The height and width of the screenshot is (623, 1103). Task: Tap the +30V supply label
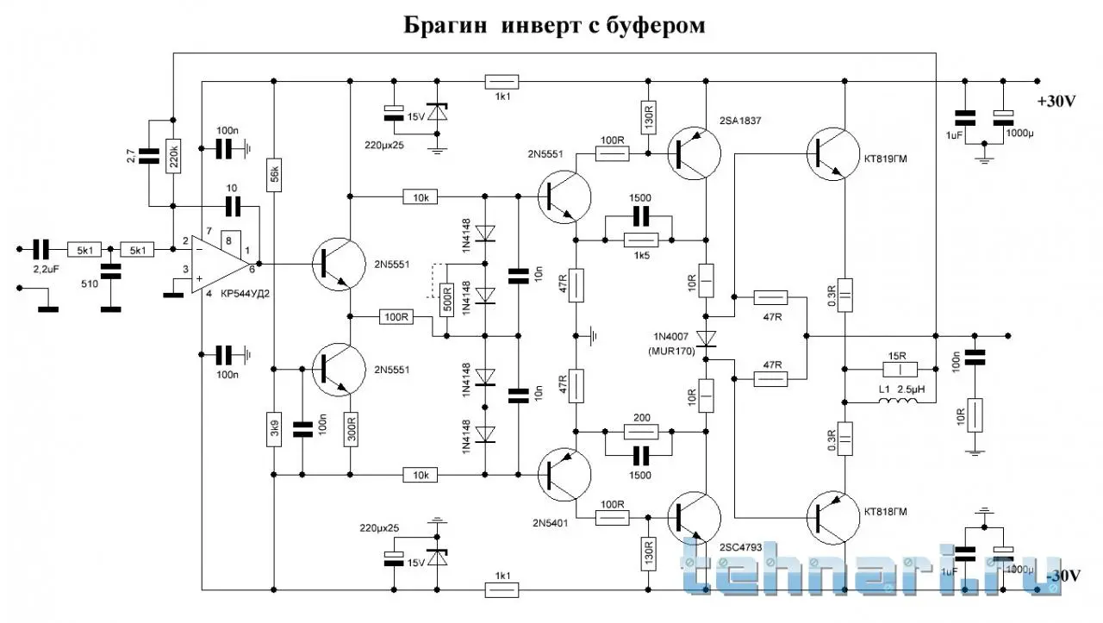click(x=1056, y=101)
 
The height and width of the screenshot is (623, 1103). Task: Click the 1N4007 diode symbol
click(x=707, y=339)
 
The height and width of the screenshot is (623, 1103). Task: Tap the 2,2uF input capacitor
click(x=40, y=249)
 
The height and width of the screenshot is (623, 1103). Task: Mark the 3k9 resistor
click(x=273, y=430)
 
